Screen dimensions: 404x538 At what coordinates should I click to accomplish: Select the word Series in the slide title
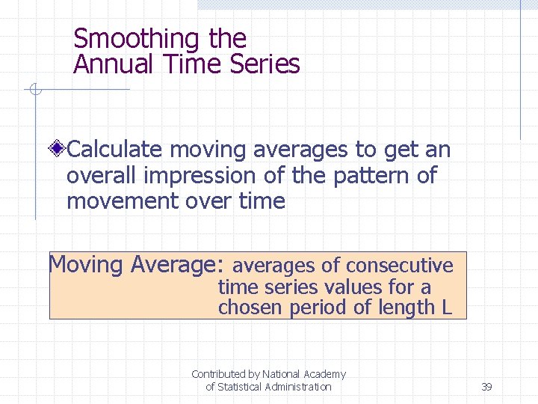tap(267, 64)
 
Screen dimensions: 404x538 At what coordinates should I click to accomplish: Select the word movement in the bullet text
tap(124, 201)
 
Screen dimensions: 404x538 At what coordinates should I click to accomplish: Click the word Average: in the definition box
tap(176, 265)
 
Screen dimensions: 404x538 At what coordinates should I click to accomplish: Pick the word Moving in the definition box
tap(85, 265)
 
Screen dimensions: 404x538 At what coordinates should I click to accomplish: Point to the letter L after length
tap(447, 307)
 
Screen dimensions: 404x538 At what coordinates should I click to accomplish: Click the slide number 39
tap(486, 387)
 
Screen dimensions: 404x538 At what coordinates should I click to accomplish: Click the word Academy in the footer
tap(324, 373)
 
